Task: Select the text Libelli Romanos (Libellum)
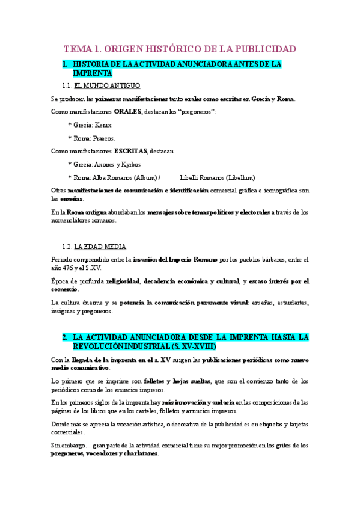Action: pos(217,177)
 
